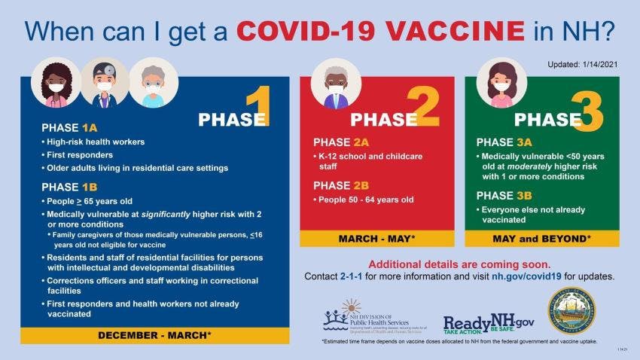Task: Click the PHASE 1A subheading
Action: tap(69, 127)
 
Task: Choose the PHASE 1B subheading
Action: tap(69, 187)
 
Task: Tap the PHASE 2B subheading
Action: tap(341, 185)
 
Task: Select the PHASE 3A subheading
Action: tap(504, 141)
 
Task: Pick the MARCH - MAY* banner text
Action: tap(376, 239)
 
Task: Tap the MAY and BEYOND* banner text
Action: tap(541, 239)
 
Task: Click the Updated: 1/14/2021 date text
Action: tap(581, 65)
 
